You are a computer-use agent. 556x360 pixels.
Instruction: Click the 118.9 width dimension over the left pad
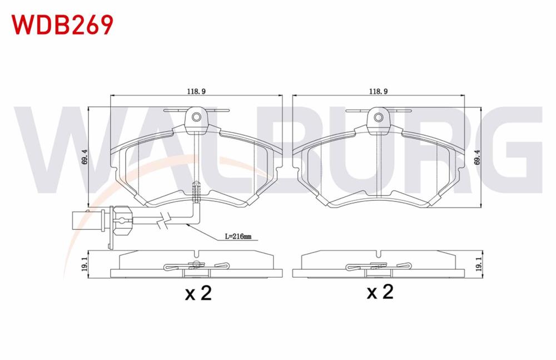pyautogui.click(x=196, y=91)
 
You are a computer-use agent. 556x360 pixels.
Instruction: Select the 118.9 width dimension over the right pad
pyautogui.click(x=378, y=91)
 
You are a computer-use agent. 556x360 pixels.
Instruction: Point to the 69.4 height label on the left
pyautogui.click(x=84, y=157)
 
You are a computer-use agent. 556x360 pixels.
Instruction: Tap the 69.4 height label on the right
pyautogui.click(x=477, y=157)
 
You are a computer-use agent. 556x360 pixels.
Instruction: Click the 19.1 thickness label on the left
pyautogui.click(x=84, y=264)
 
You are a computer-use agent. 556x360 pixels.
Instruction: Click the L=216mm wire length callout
pyautogui.click(x=237, y=236)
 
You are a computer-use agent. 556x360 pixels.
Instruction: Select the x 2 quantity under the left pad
pyautogui.click(x=198, y=293)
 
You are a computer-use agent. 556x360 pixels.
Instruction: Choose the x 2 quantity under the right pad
pyautogui.click(x=380, y=292)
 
